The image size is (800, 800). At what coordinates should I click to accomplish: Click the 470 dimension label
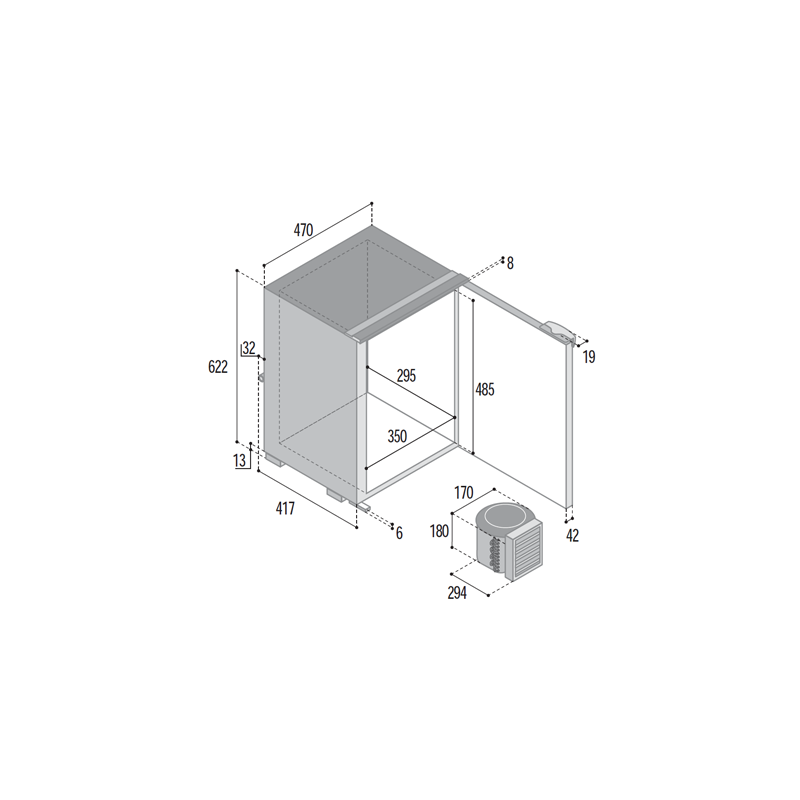click(x=303, y=230)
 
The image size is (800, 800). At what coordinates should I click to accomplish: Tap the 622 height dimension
click(x=218, y=367)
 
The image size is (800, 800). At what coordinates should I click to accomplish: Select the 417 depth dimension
click(x=285, y=508)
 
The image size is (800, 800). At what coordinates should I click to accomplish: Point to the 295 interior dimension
click(x=407, y=376)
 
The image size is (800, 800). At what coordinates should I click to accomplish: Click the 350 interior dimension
click(x=397, y=436)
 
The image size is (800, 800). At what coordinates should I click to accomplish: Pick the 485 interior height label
click(x=485, y=389)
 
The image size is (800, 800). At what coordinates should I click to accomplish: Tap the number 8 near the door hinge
click(x=510, y=263)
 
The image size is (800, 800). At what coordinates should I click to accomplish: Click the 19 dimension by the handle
click(x=589, y=357)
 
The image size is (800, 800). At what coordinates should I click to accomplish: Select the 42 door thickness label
click(x=572, y=535)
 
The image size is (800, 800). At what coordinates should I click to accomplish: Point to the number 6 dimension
click(x=399, y=533)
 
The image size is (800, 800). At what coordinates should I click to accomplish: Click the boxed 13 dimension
click(x=240, y=461)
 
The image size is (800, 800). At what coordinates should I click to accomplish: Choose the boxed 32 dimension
click(x=249, y=348)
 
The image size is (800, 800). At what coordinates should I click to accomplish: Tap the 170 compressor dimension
click(x=464, y=493)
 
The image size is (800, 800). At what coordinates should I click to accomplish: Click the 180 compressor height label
click(x=439, y=531)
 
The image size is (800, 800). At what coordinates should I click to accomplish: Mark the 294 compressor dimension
click(x=457, y=593)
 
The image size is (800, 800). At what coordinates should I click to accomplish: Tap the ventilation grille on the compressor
click(x=523, y=552)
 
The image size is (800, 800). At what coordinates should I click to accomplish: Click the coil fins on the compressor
click(x=494, y=554)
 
